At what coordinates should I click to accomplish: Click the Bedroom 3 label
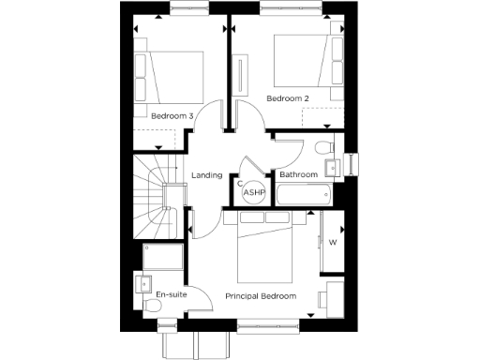172,116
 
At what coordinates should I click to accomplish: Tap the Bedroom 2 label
288,97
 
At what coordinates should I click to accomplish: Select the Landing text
206,175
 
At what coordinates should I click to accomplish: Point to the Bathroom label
299,175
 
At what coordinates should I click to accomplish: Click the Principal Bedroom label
261,296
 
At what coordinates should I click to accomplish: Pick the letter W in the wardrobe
333,242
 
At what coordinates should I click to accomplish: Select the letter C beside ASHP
240,184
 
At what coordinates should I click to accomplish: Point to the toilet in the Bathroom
322,147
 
